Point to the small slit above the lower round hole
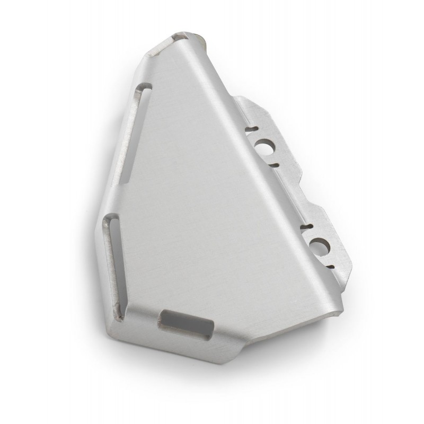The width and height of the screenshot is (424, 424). (306, 228)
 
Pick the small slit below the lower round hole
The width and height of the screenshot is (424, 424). (329, 264)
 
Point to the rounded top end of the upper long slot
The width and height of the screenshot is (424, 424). (145, 91)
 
